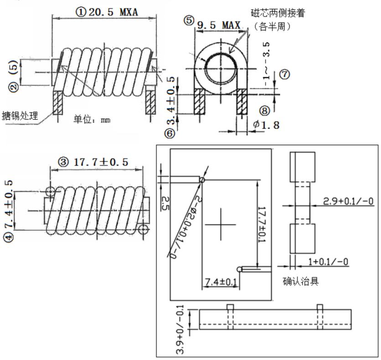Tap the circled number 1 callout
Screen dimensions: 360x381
pyautogui.click(x=81, y=12)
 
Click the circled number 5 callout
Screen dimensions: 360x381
pyautogui.click(x=189, y=20)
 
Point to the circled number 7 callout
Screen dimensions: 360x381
pyautogui.click(x=284, y=74)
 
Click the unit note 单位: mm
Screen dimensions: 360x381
pyautogui.click(x=92, y=119)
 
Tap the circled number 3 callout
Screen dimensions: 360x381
pyautogui.click(x=63, y=162)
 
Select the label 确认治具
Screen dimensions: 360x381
pyautogui.click(x=300, y=281)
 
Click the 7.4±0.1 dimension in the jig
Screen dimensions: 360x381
pyautogui.click(x=220, y=282)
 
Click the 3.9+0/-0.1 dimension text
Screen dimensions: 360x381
pyautogui.click(x=180, y=331)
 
